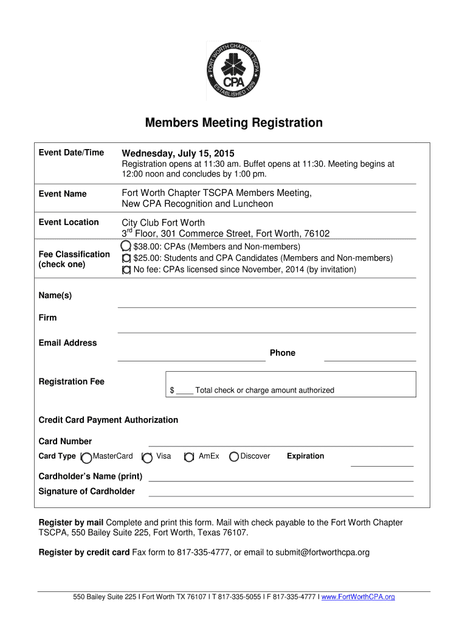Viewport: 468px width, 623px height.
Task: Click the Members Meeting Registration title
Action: (234, 123)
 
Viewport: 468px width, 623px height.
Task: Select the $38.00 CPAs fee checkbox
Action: (126, 246)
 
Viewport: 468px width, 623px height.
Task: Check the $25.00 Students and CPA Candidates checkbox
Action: (126, 259)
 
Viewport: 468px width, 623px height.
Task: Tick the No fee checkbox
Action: (126, 270)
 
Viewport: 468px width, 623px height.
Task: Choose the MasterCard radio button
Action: (86, 457)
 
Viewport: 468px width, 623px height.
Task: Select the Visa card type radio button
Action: (146, 457)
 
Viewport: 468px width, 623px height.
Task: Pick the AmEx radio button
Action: (189, 457)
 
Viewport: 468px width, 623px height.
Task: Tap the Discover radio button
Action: (234, 457)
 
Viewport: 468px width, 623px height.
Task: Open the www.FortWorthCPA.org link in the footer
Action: (358, 597)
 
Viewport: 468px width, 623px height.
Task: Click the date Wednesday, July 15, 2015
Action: (177, 153)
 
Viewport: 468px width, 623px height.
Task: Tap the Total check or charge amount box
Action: (291, 385)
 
